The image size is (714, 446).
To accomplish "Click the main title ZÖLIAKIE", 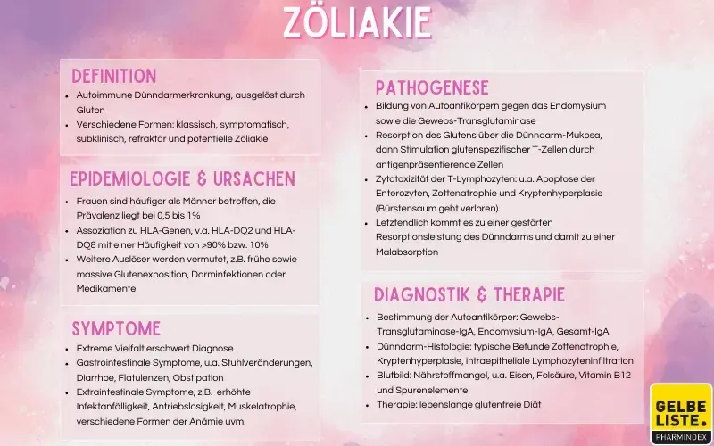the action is pyautogui.click(x=357, y=22).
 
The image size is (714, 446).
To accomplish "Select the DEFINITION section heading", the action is pyautogui.click(x=113, y=76).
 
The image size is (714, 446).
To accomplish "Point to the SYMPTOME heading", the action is pyautogui.click(x=116, y=328).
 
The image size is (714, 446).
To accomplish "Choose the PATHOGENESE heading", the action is pyautogui.click(x=432, y=87).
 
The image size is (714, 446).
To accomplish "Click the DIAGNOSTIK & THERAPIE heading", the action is pyautogui.click(x=469, y=295).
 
